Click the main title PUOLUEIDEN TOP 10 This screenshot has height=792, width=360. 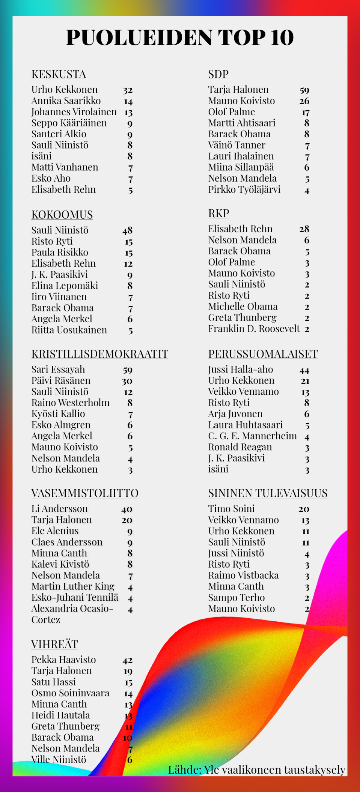pos(180,38)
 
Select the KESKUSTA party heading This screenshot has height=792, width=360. pos(59,74)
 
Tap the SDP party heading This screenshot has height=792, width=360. pos(218,74)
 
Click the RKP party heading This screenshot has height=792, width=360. pos(218,213)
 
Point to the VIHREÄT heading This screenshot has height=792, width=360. pos(54,644)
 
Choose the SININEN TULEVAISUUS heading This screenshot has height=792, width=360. pos(268,493)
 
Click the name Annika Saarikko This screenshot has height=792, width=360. pos(66,101)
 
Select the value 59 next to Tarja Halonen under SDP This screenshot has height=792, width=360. pos(304,90)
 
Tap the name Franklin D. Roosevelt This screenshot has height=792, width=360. pos(254,329)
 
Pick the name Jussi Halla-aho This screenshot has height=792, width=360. pos(241,370)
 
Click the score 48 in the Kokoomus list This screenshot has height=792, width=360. pos(127,230)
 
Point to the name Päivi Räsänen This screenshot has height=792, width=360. pos(61,380)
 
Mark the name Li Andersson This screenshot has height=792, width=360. pos(59,509)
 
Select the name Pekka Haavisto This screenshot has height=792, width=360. pos(63,660)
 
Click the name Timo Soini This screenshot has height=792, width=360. pos(231,509)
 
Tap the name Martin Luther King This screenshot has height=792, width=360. pos(73,586)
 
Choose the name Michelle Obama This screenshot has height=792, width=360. pos(243,307)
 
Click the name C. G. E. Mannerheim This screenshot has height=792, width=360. pos(252,436)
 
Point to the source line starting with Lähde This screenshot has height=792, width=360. pos(256,770)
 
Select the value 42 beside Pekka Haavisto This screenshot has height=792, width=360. pos(128,660)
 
